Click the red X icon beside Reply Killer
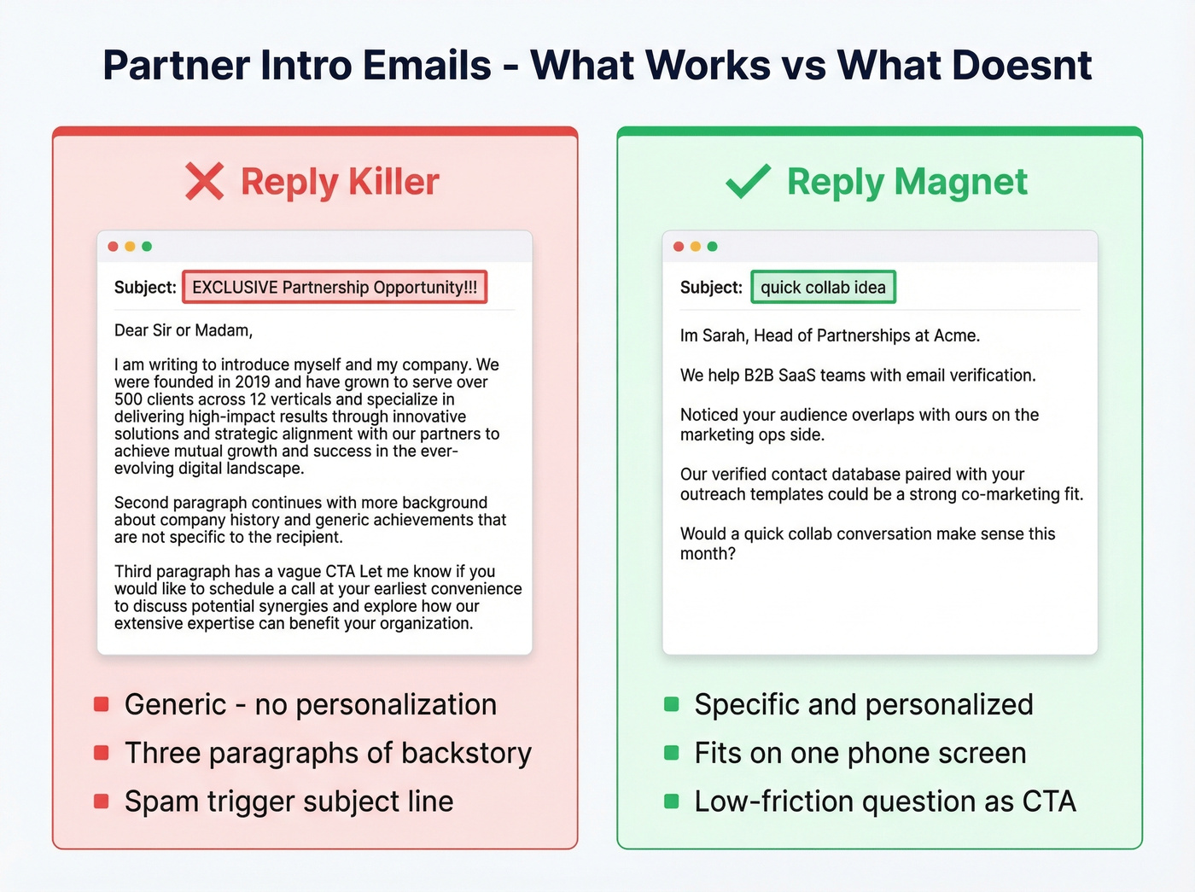(x=205, y=182)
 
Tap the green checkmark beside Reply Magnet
(x=748, y=181)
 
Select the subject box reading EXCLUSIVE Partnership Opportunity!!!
(x=335, y=288)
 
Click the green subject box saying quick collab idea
(x=823, y=288)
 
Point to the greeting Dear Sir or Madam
(x=184, y=330)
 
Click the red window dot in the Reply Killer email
(x=113, y=247)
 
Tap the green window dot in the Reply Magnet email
(x=712, y=247)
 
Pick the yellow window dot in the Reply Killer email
(x=130, y=247)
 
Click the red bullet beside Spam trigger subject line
(x=102, y=802)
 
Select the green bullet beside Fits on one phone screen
(x=672, y=753)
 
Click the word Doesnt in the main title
(x=1022, y=66)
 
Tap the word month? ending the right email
(x=708, y=554)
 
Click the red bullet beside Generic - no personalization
(x=102, y=704)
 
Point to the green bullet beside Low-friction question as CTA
(x=672, y=802)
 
